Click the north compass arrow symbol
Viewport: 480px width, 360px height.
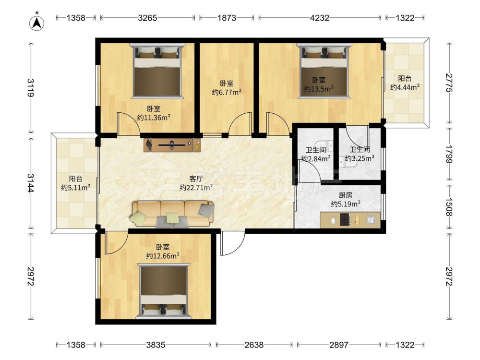37,23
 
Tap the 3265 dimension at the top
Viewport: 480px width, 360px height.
147,18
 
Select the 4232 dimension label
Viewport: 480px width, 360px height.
320,18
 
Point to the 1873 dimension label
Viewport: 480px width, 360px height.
227,18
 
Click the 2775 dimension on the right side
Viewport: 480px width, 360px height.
449,83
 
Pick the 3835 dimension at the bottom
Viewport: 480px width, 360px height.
156,345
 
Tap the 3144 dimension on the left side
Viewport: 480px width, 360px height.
31,183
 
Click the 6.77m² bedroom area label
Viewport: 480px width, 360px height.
227,92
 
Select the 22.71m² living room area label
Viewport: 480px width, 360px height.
196,187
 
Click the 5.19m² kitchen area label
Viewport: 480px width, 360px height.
346,204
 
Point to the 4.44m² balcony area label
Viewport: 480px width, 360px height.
405,87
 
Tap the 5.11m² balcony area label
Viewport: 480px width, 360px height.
76,187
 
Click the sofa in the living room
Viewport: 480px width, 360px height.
173,214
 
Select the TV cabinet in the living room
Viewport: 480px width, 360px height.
172,145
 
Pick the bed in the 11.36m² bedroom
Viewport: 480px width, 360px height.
157,71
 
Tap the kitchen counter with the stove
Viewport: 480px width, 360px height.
350,220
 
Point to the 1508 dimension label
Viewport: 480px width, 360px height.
449,207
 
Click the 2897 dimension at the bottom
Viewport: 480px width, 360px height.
338,345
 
